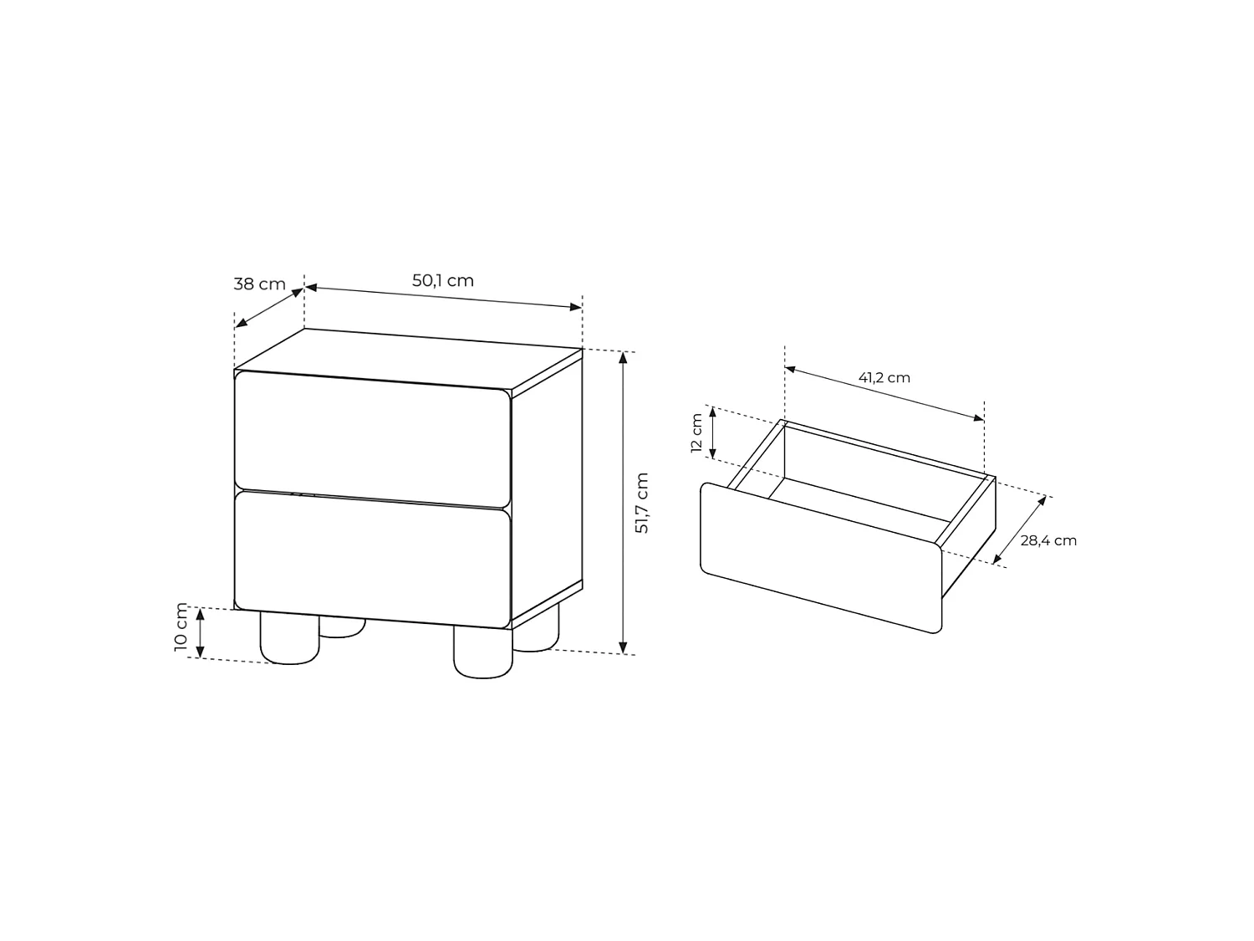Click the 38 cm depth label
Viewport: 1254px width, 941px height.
click(x=259, y=284)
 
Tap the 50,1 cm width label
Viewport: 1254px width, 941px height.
click(x=443, y=280)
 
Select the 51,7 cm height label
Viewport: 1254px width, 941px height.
click(x=642, y=503)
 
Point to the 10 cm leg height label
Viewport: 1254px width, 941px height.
click(x=181, y=626)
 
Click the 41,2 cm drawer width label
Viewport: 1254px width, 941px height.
click(x=884, y=378)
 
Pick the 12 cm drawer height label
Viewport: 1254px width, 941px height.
click(x=696, y=432)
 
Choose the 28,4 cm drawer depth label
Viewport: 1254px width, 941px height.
click(x=1048, y=540)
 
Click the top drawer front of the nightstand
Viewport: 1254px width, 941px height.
click(x=373, y=439)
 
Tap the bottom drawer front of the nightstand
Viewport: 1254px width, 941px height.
click(x=373, y=559)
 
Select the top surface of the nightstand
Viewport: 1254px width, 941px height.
click(x=409, y=362)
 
